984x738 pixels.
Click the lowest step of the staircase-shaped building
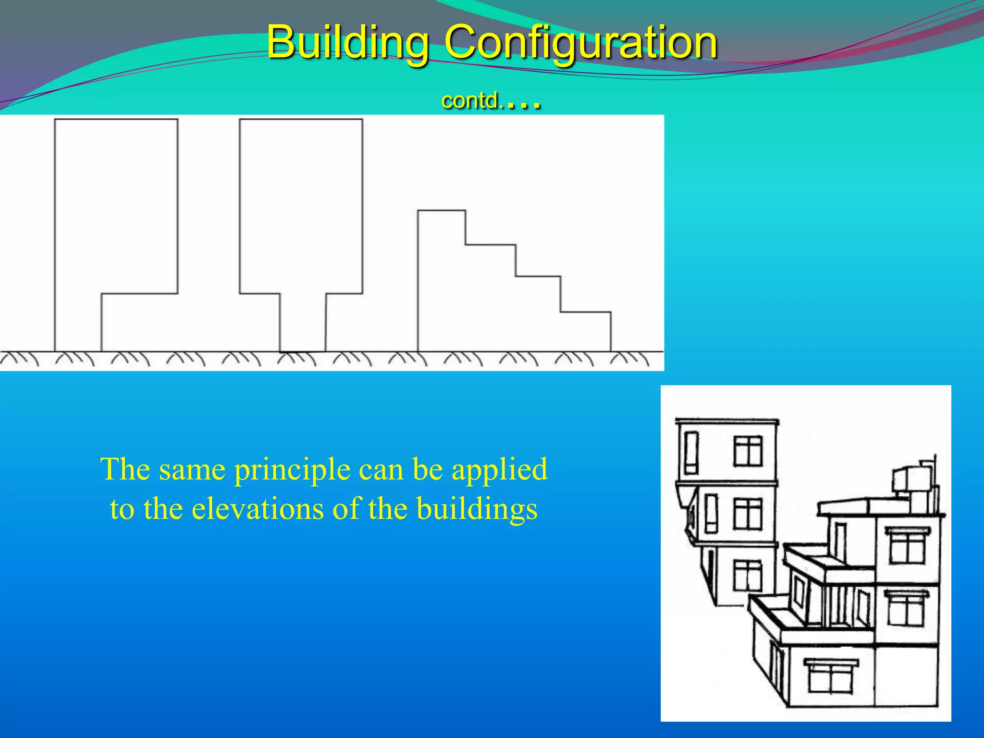tap(585, 332)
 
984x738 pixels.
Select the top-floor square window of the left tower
tap(748, 451)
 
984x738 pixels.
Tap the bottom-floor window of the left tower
tap(748, 576)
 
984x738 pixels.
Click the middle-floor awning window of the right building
tap(906, 608)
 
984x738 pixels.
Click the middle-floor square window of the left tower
tap(748, 514)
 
